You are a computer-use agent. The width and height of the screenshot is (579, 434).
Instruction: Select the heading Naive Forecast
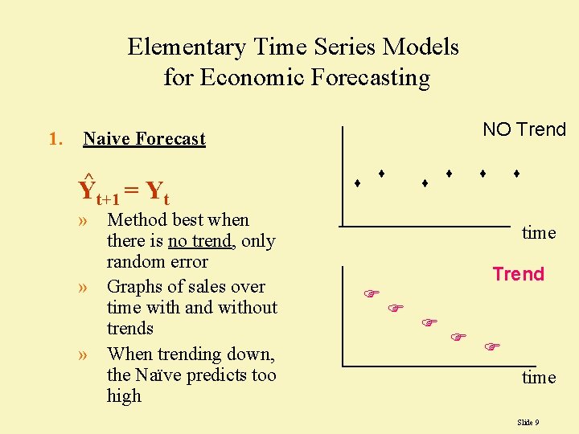pos(145,139)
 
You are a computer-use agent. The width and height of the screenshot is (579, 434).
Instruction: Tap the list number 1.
pos(55,139)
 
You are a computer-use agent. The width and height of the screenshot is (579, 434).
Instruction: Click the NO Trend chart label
pos(524,129)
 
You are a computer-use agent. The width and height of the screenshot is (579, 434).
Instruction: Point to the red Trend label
pos(518,274)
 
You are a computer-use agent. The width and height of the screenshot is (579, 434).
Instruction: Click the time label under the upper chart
pos(539,233)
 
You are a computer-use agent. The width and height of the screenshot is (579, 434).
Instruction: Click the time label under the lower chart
pos(539,378)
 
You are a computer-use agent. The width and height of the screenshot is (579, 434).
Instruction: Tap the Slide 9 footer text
pos(528,422)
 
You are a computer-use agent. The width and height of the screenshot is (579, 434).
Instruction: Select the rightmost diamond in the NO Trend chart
pos(516,173)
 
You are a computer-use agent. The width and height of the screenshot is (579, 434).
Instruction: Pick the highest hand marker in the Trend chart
pos(371,293)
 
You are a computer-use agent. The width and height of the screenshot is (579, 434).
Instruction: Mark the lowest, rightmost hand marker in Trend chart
pos(492,346)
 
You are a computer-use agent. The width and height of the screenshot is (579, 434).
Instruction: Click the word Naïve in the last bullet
pos(164,375)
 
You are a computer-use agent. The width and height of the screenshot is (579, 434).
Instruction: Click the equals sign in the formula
pos(133,191)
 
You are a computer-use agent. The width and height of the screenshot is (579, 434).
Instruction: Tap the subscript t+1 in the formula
pos(108,199)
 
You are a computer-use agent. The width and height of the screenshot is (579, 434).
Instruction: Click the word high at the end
pos(124,396)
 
